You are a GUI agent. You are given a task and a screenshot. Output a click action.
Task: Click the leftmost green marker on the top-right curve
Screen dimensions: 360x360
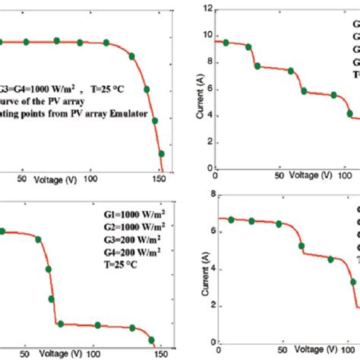(226, 43)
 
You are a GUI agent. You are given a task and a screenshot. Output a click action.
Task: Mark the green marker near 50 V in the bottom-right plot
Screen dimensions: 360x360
(279, 224)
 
